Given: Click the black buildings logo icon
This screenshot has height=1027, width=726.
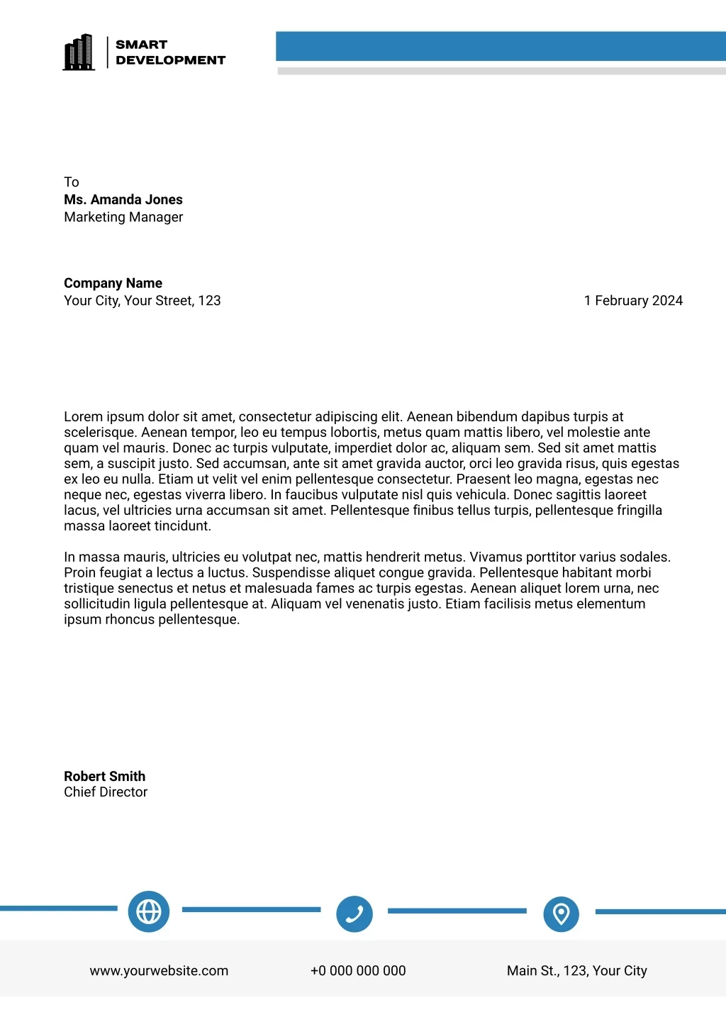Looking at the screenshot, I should tap(79, 52).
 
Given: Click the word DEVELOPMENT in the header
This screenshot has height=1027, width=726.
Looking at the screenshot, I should tap(170, 60).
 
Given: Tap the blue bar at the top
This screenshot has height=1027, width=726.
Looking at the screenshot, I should tap(501, 45).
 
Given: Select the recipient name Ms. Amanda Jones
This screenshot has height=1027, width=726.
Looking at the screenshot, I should tap(123, 200).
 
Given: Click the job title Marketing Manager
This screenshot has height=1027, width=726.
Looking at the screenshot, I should tap(123, 217).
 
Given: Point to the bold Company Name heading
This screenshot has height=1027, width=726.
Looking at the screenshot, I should tap(113, 283).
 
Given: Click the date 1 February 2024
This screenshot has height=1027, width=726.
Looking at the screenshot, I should tap(633, 301).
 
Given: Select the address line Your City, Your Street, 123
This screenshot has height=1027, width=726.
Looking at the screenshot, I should tap(142, 301).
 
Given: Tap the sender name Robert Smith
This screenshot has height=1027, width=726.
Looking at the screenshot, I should tap(104, 777).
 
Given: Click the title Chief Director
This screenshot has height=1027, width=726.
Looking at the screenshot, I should tap(106, 792).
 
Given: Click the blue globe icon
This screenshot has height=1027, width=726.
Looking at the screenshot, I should tap(149, 911).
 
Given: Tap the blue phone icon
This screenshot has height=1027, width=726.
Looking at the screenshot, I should tap(354, 914).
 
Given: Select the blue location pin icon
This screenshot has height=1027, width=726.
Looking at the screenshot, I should tap(561, 914).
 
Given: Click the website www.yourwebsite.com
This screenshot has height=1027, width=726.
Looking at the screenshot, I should tap(159, 971).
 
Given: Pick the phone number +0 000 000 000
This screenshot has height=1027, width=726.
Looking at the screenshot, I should tap(358, 971).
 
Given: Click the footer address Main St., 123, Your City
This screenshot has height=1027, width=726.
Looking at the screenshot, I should tap(576, 971).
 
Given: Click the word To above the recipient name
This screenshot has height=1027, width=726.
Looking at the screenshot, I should tap(72, 182).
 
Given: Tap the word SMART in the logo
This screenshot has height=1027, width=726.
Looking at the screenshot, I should tap(142, 45).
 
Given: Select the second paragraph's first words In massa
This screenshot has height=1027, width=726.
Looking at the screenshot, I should tap(99, 557).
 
